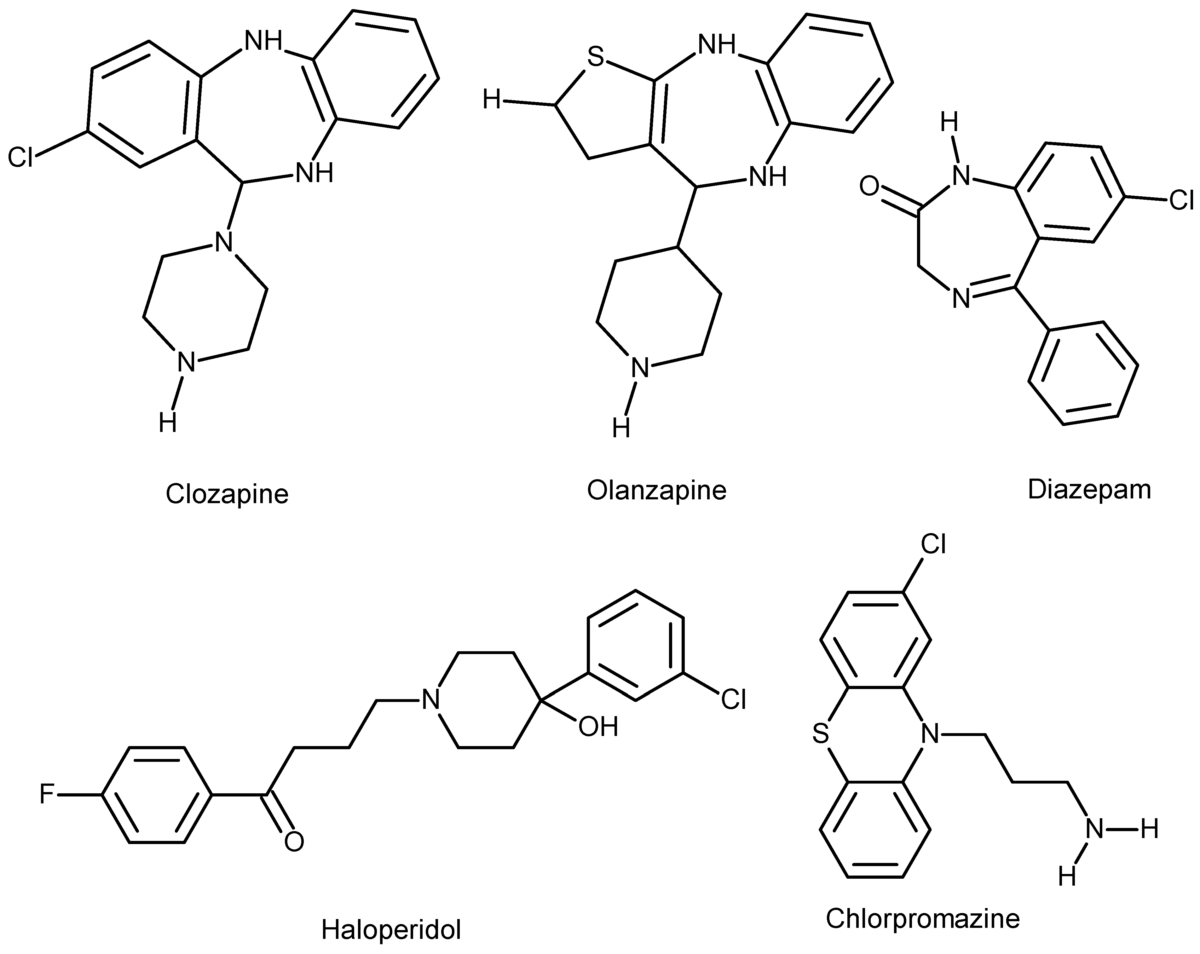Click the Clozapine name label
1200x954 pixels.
[227, 494]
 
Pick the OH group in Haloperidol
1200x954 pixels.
[598, 726]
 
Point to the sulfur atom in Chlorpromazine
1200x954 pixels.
[820, 734]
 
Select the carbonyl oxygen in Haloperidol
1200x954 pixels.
[294, 842]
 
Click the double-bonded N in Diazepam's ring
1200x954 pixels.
[961, 299]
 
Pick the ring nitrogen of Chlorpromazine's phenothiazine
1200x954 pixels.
[930, 734]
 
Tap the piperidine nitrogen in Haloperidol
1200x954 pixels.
[430, 699]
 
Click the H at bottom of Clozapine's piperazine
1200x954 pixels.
[168, 423]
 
